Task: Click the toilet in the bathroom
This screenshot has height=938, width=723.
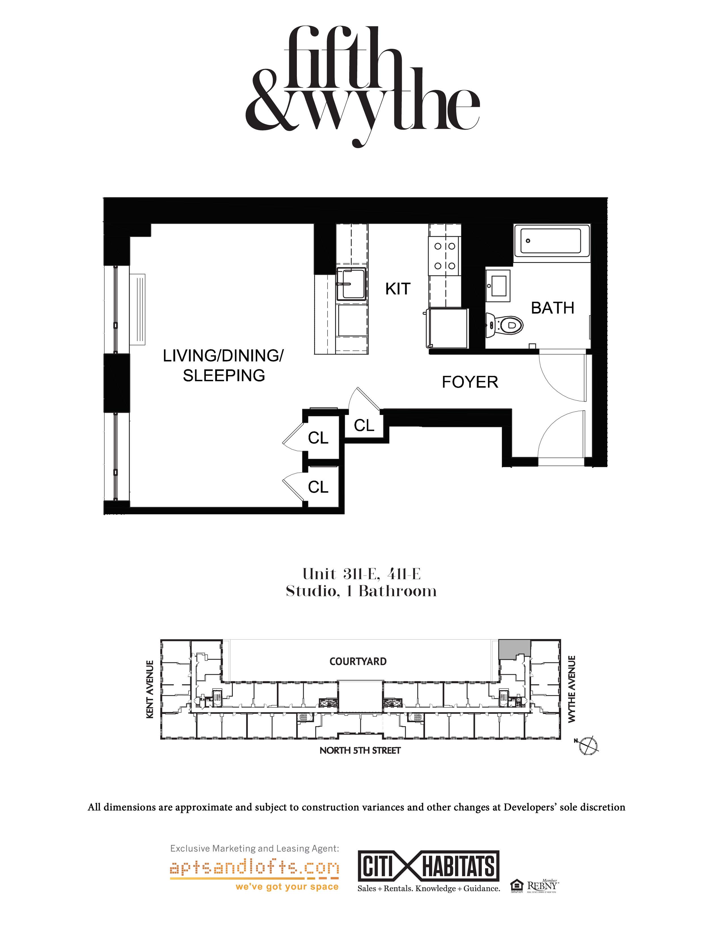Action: coord(507,325)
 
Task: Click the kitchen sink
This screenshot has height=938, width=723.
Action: coord(351,283)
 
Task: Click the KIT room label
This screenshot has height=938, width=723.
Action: coord(398,289)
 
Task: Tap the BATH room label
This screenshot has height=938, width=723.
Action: coord(552,308)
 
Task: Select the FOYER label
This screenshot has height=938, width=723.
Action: coord(470,382)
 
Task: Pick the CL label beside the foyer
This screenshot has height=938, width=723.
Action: coord(364,426)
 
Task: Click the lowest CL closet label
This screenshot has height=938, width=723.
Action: coord(318,487)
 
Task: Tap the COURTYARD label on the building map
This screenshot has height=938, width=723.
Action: coord(358,661)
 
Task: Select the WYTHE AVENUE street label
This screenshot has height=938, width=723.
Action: coord(571,689)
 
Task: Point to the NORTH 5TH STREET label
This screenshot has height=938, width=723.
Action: coord(360,750)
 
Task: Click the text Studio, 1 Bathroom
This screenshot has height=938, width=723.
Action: coord(361,591)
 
